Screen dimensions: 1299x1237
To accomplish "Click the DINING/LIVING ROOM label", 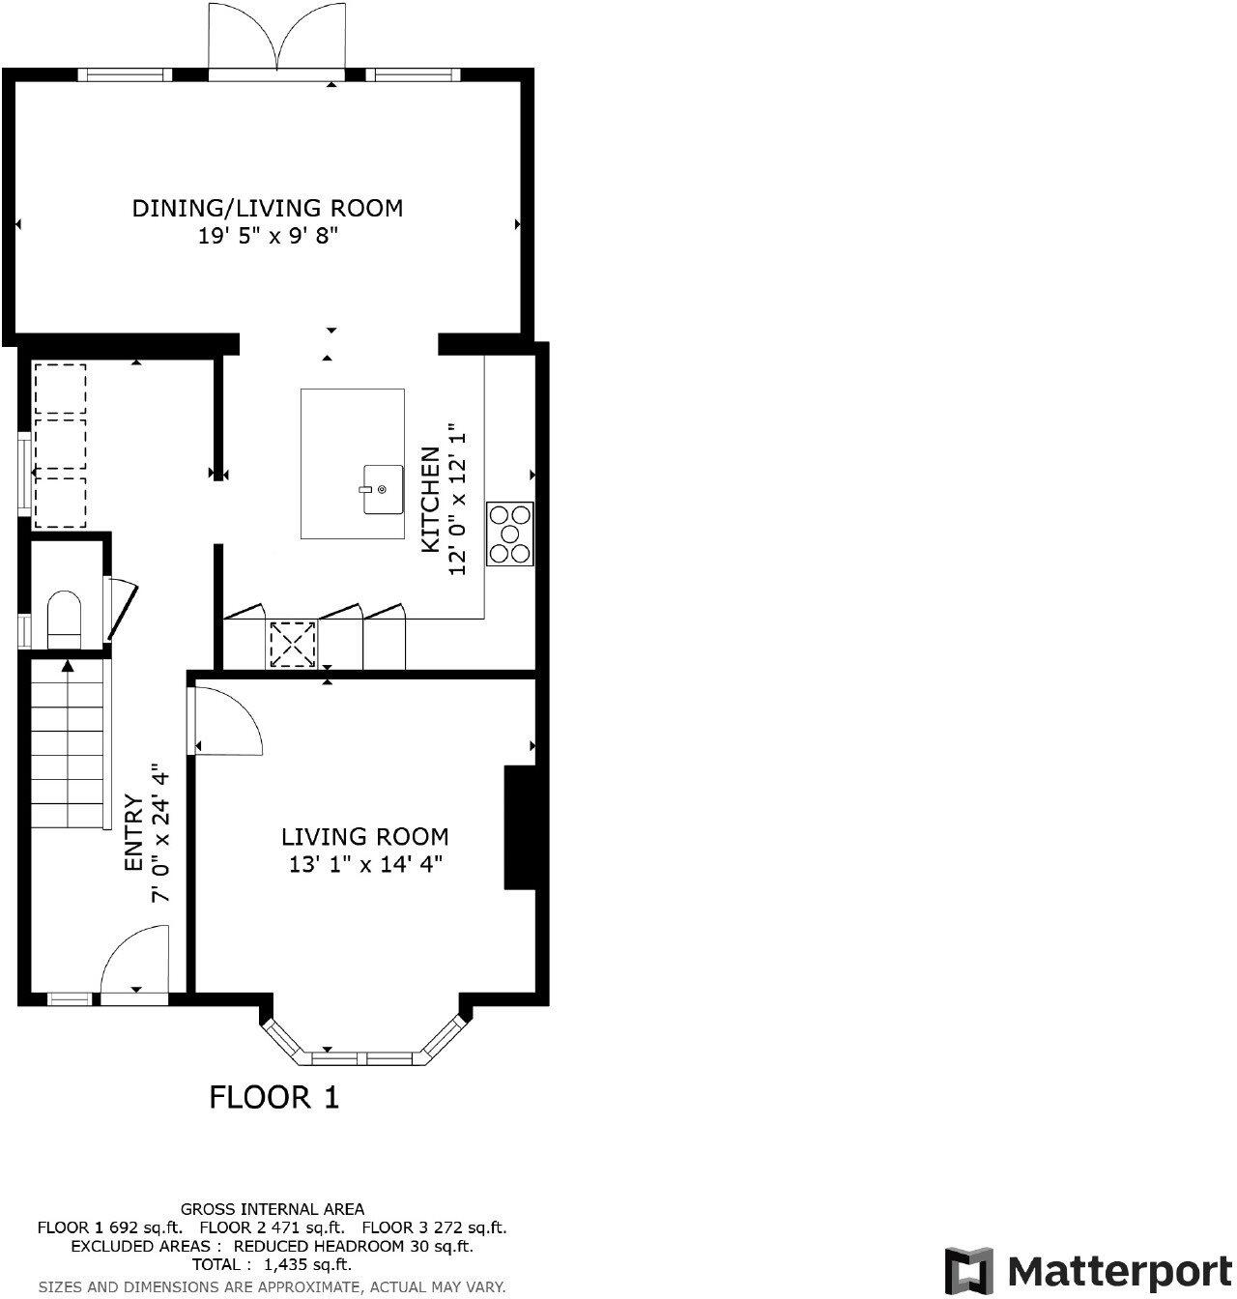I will click(267, 208).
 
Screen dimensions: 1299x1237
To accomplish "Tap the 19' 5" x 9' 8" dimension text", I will click(267, 236).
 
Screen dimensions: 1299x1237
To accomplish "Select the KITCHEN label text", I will click(430, 500).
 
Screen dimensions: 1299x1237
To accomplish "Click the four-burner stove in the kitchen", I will click(510, 534).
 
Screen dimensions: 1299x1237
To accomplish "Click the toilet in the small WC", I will click(65, 620).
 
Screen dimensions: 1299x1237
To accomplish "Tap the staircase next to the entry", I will click(68, 744).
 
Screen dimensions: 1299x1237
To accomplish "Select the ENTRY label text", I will click(134, 832).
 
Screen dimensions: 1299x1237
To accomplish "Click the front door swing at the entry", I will click(135, 962).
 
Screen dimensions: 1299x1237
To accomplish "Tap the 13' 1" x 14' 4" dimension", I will click(364, 864).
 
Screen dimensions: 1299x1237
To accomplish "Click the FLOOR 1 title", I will click(274, 1097).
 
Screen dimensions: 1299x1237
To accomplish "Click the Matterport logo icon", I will click(968, 1269).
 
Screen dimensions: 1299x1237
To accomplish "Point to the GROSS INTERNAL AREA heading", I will click(273, 1208).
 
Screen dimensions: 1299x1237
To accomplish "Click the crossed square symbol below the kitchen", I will click(292, 645).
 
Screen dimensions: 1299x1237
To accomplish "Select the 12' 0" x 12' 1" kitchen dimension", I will click(457, 500).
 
